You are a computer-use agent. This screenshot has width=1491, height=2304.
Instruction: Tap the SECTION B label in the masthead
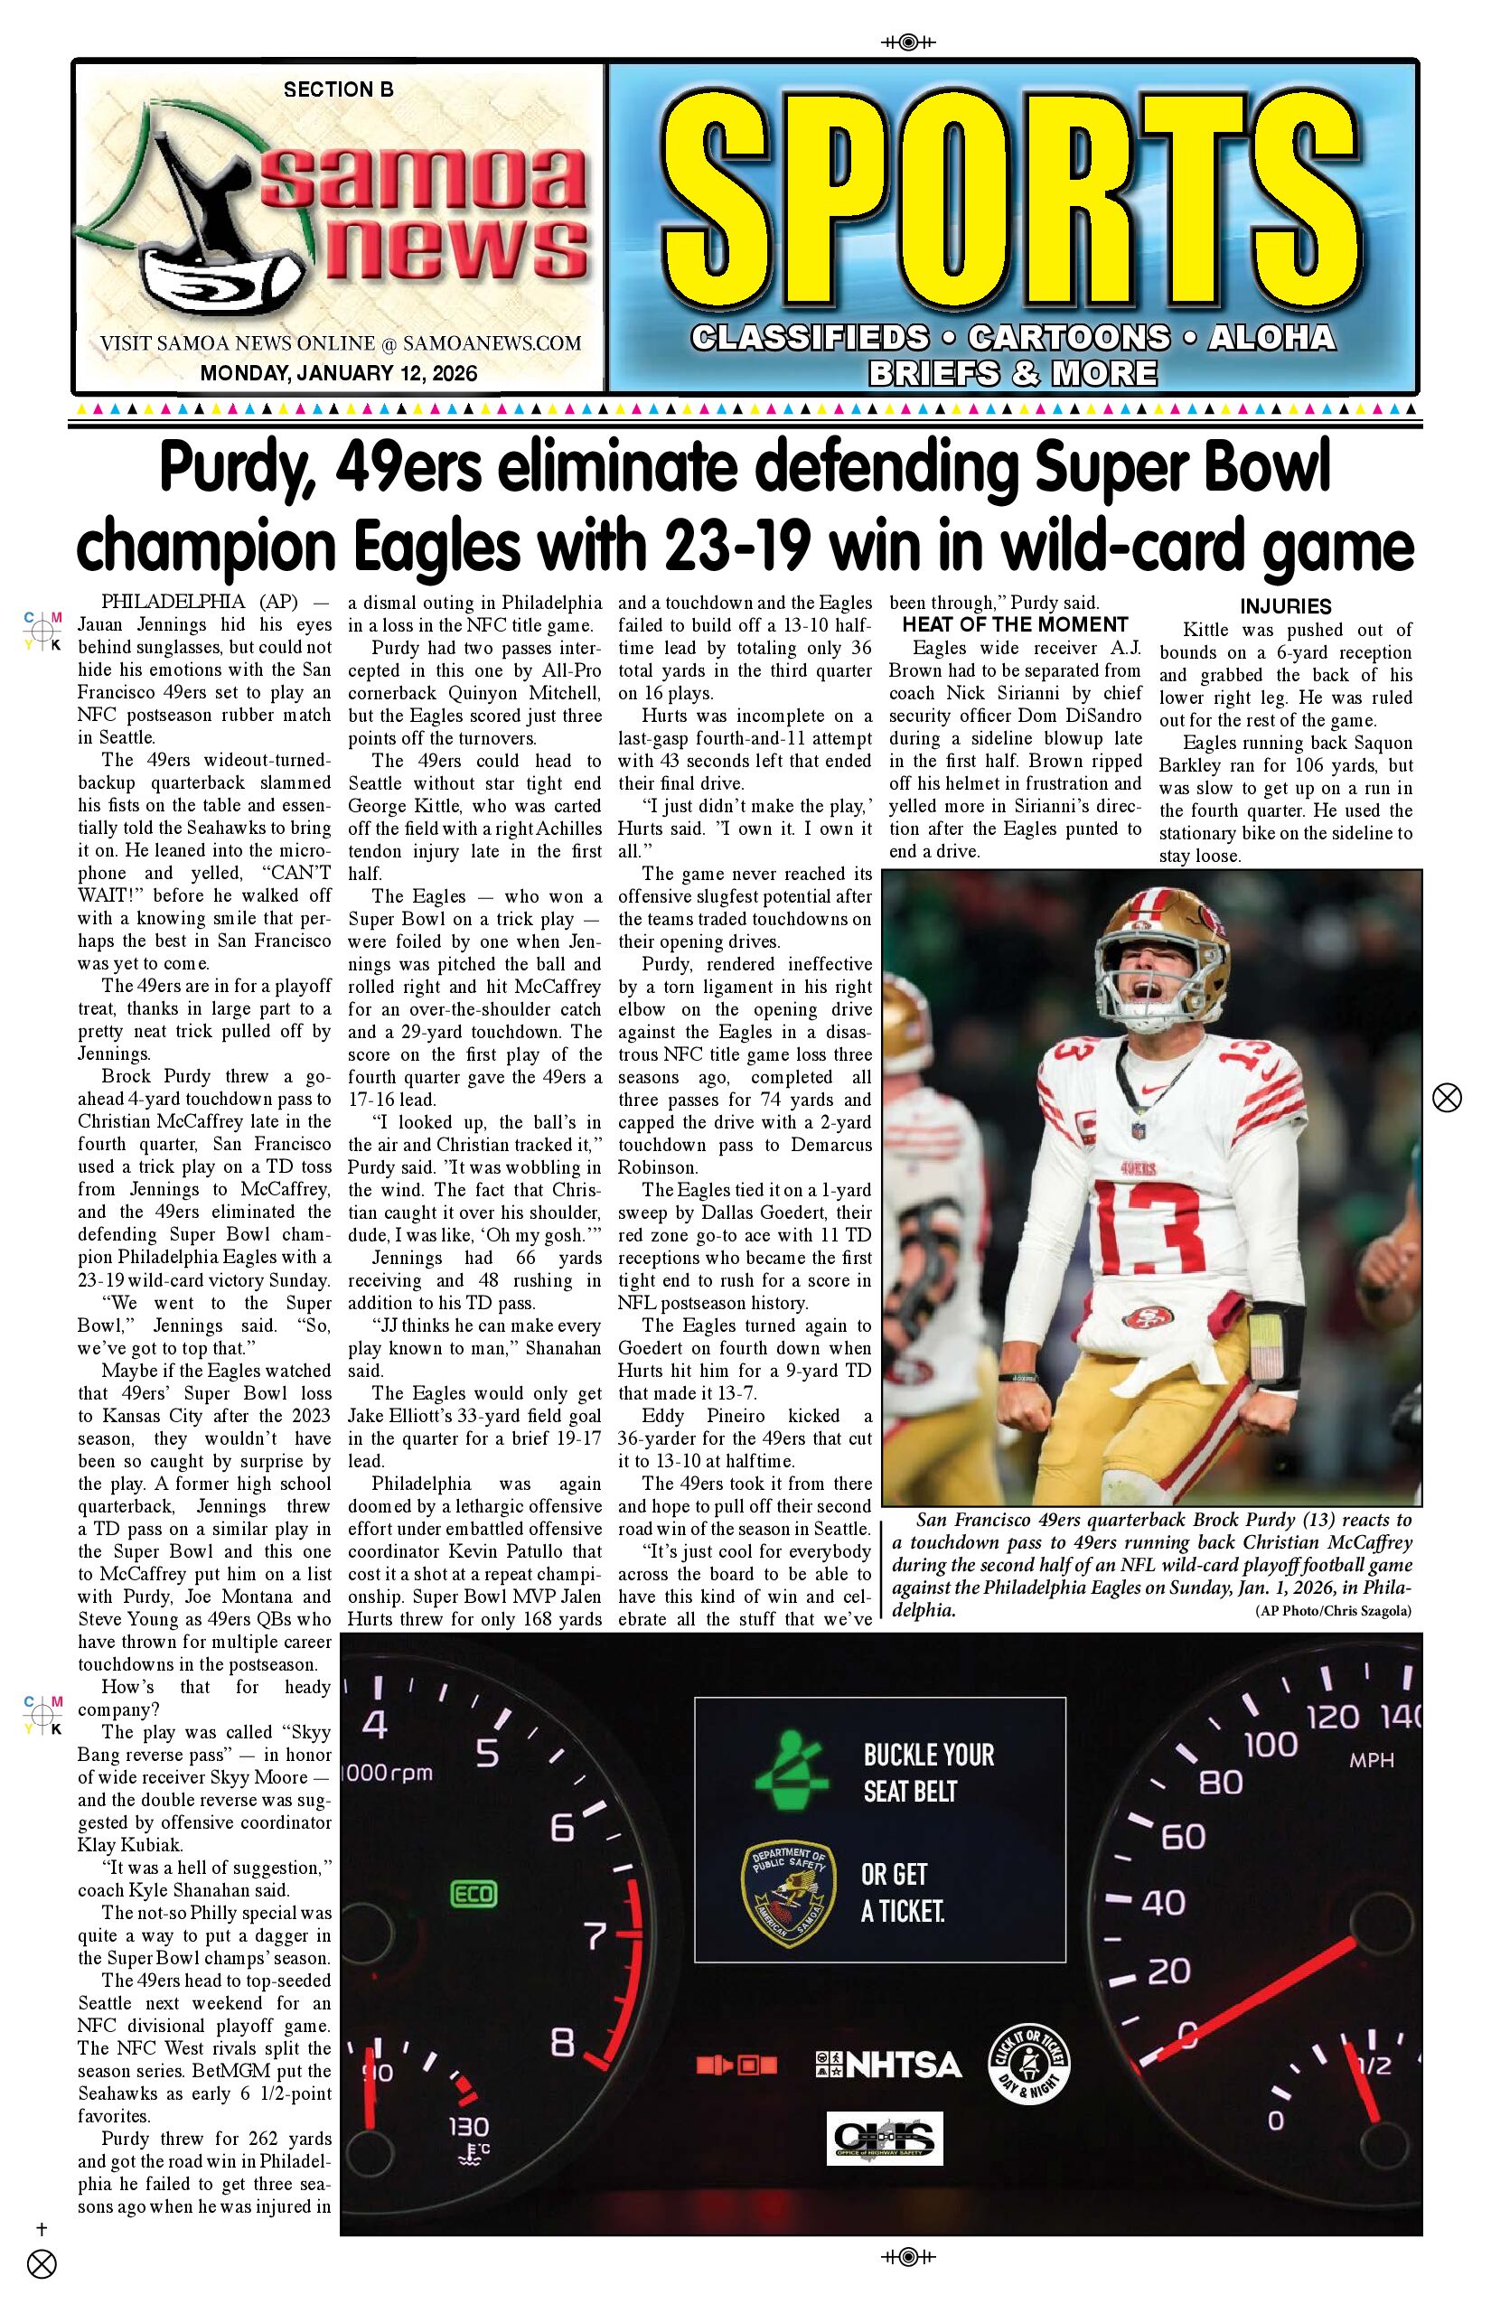pyautogui.click(x=338, y=90)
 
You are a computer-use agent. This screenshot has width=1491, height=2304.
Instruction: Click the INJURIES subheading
pyautogui.click(x=1285, y=607)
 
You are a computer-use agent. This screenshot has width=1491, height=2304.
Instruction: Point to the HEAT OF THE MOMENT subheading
pyautogui.click(x=1015, y=625)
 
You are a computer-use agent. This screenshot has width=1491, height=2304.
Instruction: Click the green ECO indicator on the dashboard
pyautogui.click(x=474, y=1894)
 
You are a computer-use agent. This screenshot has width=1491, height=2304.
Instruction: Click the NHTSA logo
pyautogui.click(x=887, y=2065)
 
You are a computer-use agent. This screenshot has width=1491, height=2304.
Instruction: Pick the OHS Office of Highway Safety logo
pyautogui.click(x=884, y=2139)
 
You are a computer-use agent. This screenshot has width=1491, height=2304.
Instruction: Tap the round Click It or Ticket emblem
pyautogui.click(x=1028, y=2064)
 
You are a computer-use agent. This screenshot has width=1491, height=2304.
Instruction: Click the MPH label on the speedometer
pyautogui.click(x=1371, y=1760)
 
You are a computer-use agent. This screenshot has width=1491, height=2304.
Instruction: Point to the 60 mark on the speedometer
pyautogui.click(x=1182, y=1836)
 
